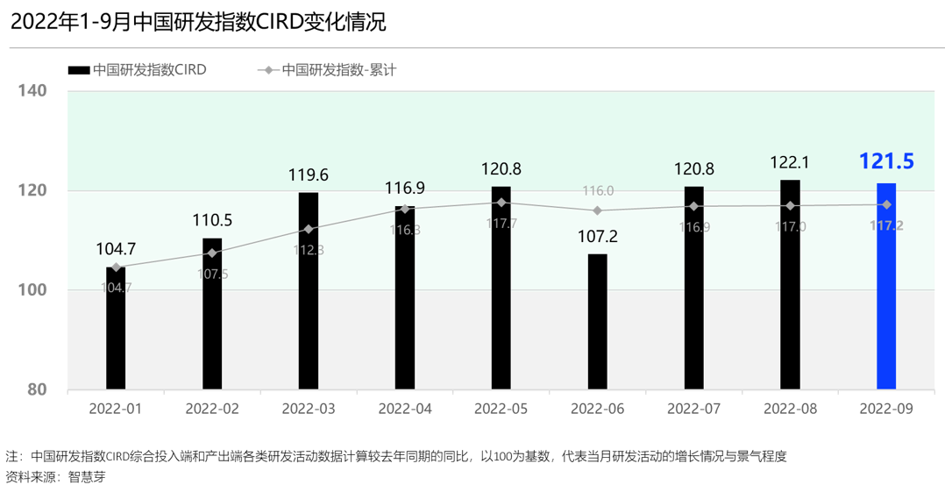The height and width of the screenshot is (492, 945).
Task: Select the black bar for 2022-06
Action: pyautogui.click(x=597, y=321)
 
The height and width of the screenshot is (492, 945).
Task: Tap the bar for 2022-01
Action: pyautogui.click(x=116, y=328)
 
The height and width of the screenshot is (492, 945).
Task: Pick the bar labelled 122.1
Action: pyautogui.click(x=790, y=285)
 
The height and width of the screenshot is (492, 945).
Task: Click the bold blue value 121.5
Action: pyautogui.click(x=886, y=161)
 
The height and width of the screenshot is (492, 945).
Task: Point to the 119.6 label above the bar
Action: pyautogui.click(x=309, y=175)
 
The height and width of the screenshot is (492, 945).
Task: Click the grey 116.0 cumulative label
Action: pyautogui.click(x=597, y=191)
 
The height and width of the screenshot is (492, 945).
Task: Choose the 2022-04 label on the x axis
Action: pyautogui.click(x=404, y=410)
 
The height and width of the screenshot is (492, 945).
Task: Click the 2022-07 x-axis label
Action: pyautogui.click(x=693, y=410)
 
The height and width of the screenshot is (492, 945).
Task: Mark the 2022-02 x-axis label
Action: pyautogui.click(x=212, y=410)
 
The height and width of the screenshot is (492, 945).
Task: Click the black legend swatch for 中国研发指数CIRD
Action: pyautogui.click(x=78, y=70)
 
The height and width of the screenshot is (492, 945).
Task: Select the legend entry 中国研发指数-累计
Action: pyautogui.click(x=338, y=70)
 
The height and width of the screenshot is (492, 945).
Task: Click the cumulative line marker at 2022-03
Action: pyautogui.click(x=309, y=229)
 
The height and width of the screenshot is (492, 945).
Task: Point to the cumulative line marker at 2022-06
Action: pyautogui.click(x=597, y=210)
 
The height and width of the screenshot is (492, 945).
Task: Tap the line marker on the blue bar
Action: pyautogui.click(x=886, y=204)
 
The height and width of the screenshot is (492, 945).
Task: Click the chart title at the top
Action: pyautogui.click(x=198, y=23)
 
